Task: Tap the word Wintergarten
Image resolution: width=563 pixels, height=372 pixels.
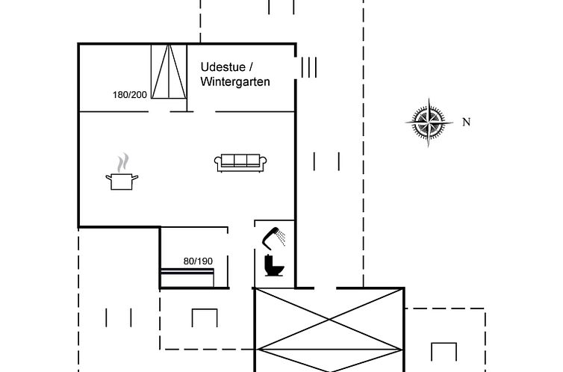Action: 235,81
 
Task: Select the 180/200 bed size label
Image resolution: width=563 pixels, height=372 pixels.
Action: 130,95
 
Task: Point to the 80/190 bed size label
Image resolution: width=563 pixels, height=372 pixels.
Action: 198,261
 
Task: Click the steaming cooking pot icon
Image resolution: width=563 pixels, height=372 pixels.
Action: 122,172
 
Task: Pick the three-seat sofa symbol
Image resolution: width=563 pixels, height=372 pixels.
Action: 240,163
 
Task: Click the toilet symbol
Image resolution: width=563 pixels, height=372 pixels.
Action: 274,265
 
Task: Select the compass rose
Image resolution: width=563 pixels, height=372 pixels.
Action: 429,122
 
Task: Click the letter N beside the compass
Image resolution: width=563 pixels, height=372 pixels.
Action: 466,122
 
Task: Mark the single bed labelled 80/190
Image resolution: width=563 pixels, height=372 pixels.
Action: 187,278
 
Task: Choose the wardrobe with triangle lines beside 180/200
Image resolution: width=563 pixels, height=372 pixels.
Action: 169,72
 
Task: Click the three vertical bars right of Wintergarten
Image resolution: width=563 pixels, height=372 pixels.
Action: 309,67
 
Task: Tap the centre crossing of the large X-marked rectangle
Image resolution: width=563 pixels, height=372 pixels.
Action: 329,319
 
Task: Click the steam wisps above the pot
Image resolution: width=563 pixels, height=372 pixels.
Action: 122,162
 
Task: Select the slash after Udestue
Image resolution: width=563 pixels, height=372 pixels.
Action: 251,67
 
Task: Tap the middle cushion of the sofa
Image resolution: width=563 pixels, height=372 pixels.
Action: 240,160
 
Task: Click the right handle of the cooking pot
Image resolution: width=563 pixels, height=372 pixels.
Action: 135,177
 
